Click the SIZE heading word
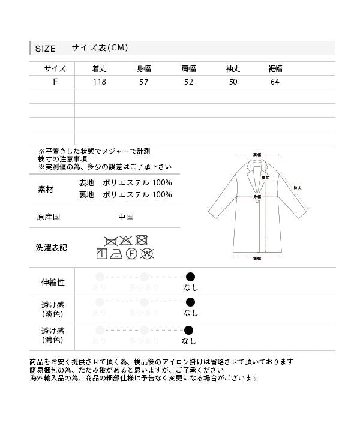point(45,49)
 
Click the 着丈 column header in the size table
point(99,68)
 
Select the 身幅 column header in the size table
point(144,68)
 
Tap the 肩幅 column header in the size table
point(188,68)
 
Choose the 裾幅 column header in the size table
point(275,68)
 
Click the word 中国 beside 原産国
point(125,217)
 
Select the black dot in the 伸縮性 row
point(190,277)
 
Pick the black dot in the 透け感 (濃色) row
point(190,330)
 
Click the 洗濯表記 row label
point(51,247)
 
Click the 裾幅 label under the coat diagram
point(257,259)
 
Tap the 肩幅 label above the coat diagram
point(257,154)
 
